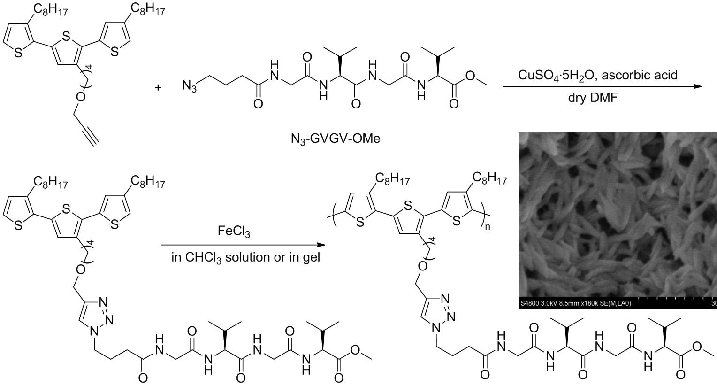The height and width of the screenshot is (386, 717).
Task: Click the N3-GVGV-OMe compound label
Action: (335, 139)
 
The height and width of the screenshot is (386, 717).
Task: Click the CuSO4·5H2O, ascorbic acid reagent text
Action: (598, 75)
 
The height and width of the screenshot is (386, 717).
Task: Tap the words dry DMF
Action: (597, 99)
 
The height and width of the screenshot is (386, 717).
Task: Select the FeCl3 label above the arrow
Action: (234, 232)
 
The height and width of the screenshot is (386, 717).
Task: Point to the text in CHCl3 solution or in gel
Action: (246, 257)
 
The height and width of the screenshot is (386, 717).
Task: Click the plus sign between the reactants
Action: (158, 87)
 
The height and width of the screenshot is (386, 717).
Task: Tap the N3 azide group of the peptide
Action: (190, 86)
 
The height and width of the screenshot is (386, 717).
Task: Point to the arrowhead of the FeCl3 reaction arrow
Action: (321, 245)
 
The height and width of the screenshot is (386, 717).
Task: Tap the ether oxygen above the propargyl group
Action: (81, 96)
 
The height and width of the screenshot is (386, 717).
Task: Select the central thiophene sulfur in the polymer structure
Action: (408, 205)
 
